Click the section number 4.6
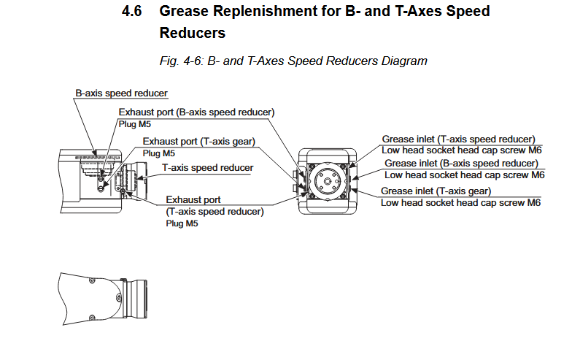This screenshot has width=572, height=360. click(x=136, y=12)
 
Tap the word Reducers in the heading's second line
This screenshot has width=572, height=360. click(x=192, y=34)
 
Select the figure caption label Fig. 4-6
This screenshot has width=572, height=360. click(x=179, y=61)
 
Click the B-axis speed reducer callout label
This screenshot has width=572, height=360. click(x=121, y=93)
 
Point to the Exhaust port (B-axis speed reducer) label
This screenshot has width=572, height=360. click(x=196, y=112)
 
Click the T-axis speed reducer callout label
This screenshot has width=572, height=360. click(x=207, y=168)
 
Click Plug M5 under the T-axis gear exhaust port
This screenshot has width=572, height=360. click(x=158, y=153)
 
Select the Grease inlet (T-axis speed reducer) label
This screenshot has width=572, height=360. click(x=459, y=139)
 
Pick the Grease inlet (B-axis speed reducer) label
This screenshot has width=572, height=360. click(x=460, y=164)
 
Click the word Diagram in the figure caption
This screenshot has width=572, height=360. click(x=403, y=61)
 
